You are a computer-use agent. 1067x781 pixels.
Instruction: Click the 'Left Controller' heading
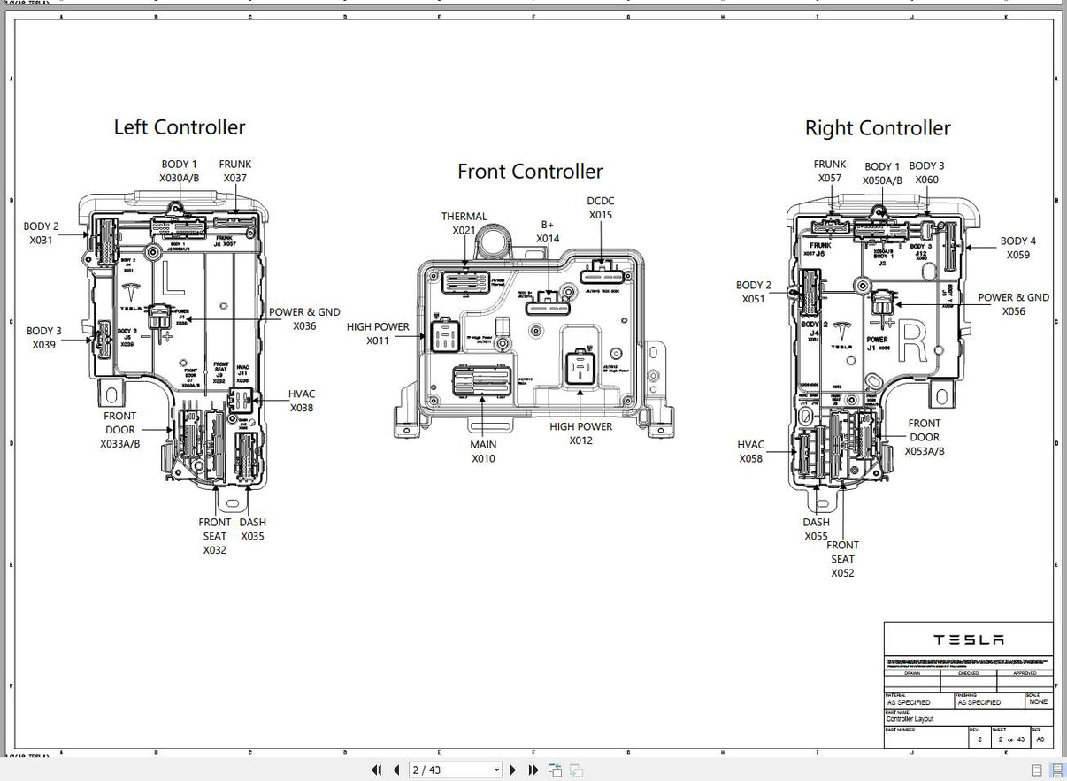pos(180,127)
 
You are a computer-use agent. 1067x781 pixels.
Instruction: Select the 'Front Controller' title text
pos(530,172)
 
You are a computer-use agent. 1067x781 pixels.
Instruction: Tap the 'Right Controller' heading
pos(878,128)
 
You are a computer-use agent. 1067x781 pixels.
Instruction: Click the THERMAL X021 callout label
pos(464,224)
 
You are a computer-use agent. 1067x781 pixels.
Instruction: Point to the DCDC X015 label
pos(601,208)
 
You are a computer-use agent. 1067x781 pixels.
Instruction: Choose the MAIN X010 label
pos(483,451)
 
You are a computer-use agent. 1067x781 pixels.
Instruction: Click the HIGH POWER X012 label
pos(581,433)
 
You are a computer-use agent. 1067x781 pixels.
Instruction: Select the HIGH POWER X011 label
pos(378,333)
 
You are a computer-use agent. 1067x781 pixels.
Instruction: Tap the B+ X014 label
pos(548,232)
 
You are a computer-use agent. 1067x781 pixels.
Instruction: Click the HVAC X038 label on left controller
pos(302,401)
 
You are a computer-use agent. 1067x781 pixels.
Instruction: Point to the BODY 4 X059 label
pos(1018,248)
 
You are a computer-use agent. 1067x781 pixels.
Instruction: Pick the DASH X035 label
pos(252,529)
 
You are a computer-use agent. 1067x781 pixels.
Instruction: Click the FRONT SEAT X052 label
pos(842,559)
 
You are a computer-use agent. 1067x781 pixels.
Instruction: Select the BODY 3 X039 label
pos(43,338)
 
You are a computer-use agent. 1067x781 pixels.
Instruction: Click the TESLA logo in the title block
pos(969,639)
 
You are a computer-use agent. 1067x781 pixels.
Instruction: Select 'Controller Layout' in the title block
pos(910,719)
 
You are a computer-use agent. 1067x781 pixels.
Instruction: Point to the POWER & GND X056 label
pos(1013,304)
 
